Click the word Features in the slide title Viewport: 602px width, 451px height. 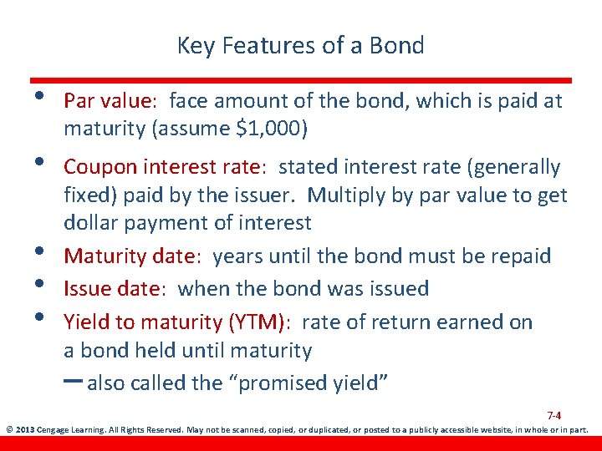click(x=263, y=46)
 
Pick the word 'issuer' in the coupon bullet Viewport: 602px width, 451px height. click(x=264, y=196)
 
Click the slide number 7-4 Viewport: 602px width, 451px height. click(x=554, y=415)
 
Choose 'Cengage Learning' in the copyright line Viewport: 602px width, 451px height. click(x=72, y=431)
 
